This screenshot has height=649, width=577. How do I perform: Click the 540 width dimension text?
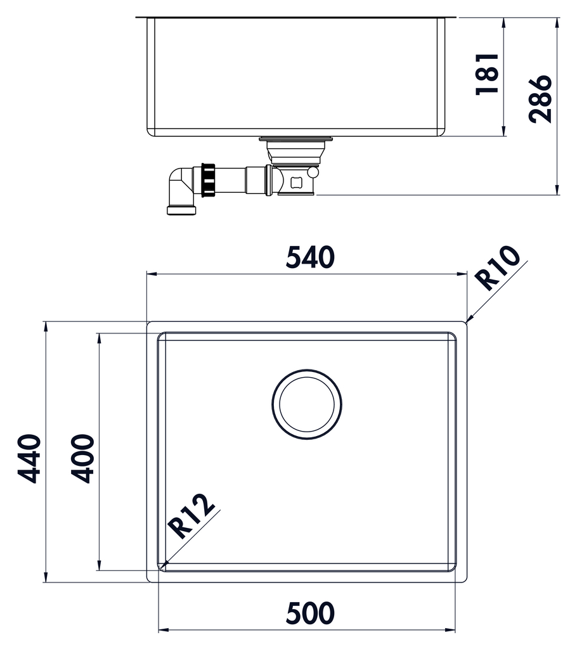click(x=310, y=257)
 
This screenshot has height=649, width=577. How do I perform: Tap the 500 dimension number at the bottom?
click(x=310, y=613)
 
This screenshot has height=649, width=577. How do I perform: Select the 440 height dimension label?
click(x=29, y=458)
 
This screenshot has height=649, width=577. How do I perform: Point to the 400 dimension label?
click(x=82, y=458)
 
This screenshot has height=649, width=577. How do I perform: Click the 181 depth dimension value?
click(x=487, y=75)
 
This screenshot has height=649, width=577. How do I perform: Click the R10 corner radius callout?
click(x=497, y=268)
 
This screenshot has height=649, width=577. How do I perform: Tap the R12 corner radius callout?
click(x=191, y=515)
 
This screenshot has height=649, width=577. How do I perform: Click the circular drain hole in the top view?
click(x=307, y=404)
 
